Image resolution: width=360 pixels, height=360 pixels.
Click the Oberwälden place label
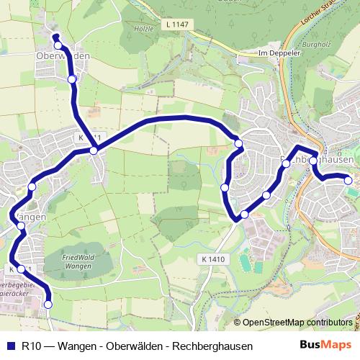(x=63, y=55)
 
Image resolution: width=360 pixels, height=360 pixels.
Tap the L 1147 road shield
(x=177, y=25)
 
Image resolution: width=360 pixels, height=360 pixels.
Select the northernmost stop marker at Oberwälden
(x=58, y=45)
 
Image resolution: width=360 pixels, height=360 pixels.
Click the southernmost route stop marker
(x=48, y=305)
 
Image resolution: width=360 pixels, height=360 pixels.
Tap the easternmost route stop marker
(x=348, y=180)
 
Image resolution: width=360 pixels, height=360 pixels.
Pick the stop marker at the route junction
(x=94, y=150)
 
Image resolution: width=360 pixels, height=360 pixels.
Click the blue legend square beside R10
(x=11, y=346)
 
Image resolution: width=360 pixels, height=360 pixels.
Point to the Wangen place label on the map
(x=30, y=216)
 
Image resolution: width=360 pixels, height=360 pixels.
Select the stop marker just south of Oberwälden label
(x=71, y=79)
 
